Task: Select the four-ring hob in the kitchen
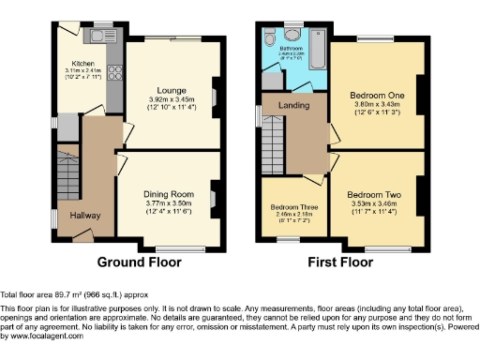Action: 113,72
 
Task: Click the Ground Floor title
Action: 140,262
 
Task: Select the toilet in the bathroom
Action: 269,38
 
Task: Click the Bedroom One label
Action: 375,97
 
